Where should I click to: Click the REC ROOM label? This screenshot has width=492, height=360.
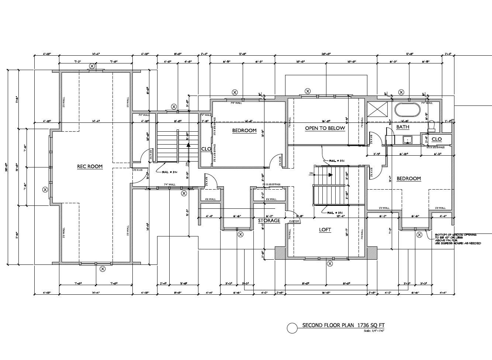[x=90, y=166]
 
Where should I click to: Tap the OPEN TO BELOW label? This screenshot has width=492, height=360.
[x=325, y=128]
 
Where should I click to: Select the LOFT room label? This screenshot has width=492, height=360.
[x=325, y=230]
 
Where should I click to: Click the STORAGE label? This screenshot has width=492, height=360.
[x=269, y=221]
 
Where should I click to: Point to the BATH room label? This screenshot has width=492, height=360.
[x=402, y=127]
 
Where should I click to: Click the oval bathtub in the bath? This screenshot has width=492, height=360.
[x=407, y=110]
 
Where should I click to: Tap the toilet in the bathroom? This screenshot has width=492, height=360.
[x=432, y=127]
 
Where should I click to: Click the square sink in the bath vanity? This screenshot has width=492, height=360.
[x=407, y=139]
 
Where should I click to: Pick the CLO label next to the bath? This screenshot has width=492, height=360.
[x=436, y=139]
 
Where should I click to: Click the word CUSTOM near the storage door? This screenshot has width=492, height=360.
[x=294, y=221]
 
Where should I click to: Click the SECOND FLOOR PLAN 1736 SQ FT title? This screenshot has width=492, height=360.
[x=343, y=325]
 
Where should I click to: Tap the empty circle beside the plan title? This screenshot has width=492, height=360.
[x=292, y=328]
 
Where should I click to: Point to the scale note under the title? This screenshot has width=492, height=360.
[x=374, y=331]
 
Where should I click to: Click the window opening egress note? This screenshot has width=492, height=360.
[x=455, y=239]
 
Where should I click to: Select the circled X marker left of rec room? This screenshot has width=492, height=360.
[x=45, y=190]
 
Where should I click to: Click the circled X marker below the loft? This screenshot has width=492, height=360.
[x=330, y=263]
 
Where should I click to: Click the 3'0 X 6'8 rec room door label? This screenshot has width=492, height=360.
[x=138, y=170]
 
